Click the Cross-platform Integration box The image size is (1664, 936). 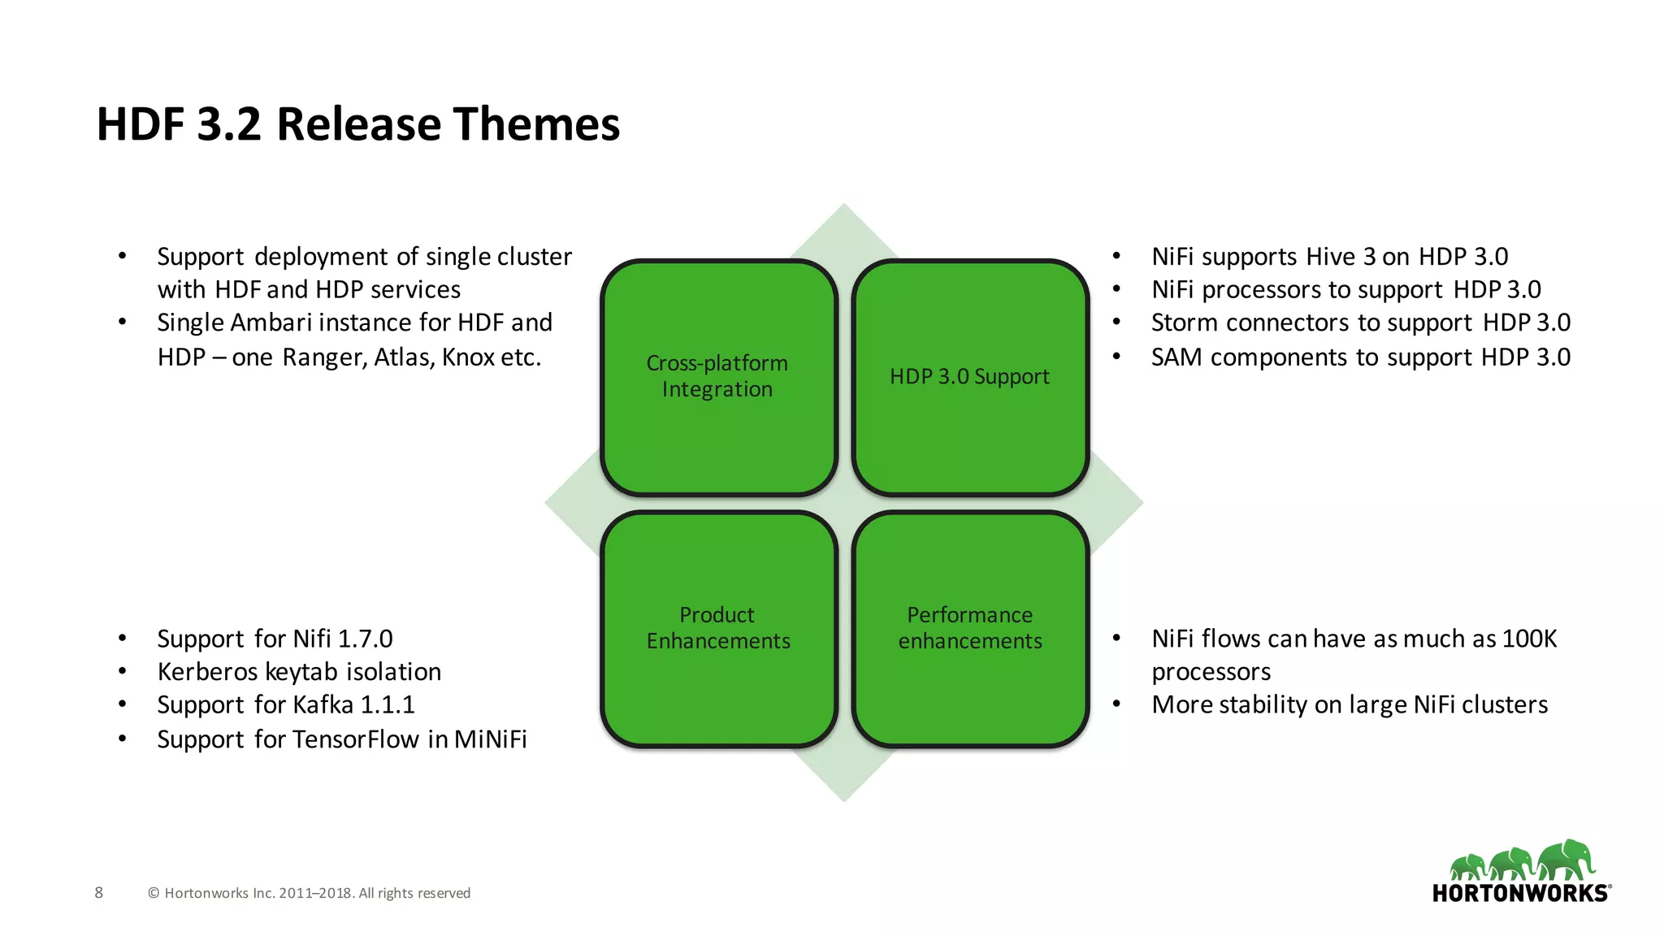click(x=718, y=377)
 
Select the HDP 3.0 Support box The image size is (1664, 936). click(x=970, y=377)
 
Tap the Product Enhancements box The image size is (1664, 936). click(x=718, y=628)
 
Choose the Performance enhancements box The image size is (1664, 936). click(x=970, y=628)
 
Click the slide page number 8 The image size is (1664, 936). click(x=99, y=893)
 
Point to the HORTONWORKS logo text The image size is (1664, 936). click(x=1519, y=894)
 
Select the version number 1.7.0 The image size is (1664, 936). click(x=365, y=639)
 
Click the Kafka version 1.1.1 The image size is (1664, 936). click(x=387, y=704)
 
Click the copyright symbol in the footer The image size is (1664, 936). click(x=154, y=894)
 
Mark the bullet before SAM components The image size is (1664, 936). click(x=1116, y=357)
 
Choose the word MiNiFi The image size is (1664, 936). click(x=490, y=739)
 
